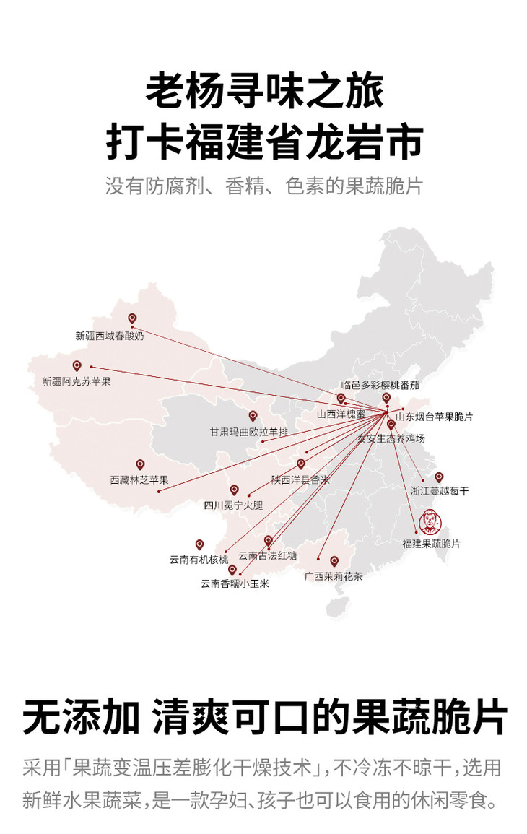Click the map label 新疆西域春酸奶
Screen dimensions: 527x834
point(109,336)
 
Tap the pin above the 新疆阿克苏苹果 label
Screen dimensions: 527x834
point(77,366)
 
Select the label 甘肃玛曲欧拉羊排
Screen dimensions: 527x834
point(248,433)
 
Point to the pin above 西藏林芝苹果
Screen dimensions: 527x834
point(140,464)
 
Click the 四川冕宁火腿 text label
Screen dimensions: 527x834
point(232,505)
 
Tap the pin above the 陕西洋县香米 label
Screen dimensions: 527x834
point(301,464)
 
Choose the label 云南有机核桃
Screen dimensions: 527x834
point(199,560)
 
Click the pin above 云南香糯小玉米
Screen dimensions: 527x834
point(232,570)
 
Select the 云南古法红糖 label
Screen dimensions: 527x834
point(267,556)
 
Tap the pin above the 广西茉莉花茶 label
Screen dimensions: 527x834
point(334,561)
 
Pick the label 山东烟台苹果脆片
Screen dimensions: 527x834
point(434,417)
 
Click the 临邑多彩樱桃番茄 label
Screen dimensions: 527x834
point(380,386)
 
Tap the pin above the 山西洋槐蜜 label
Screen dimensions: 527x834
point(341,399)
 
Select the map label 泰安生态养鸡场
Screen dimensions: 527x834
point(391,438)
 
